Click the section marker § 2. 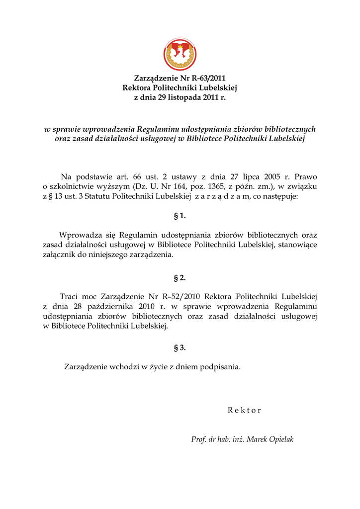click(x=180, y=277)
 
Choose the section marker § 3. click(x=180, y=347)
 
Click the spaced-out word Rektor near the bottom click(x=244, y=411)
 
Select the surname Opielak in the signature click(x=281, y=439)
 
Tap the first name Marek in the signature click(x=257, y=439)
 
